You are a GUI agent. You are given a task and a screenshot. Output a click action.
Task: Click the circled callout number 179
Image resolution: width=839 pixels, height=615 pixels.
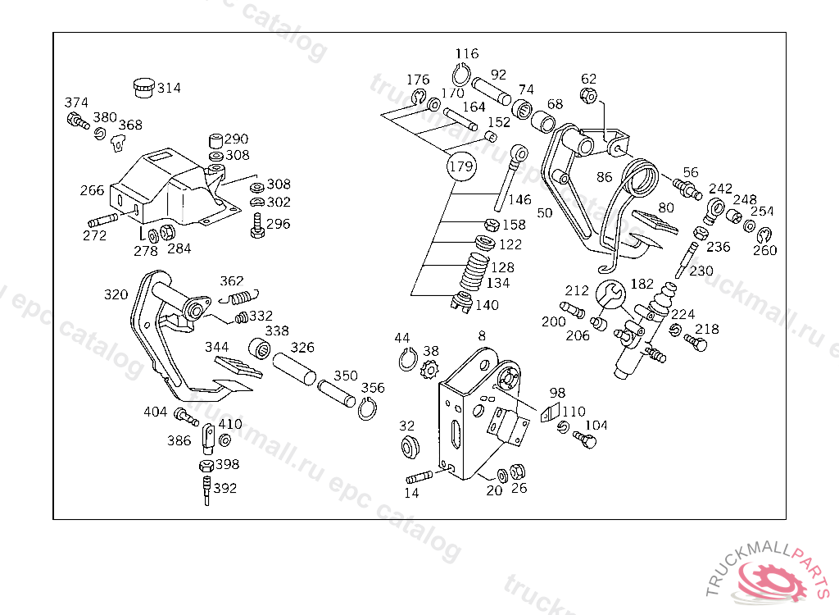pyautogui.click(x=461, y=167)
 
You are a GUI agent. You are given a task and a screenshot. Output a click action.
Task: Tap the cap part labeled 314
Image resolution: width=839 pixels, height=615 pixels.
pyautogui.click(x=143, y=86)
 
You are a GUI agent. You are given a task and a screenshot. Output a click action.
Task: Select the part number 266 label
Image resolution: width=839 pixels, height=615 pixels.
pyautogui.click(x=92, y=190)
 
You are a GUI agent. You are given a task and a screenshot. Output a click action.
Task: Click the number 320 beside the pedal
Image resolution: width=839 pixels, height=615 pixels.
pyautogui.click(x=116, y=294)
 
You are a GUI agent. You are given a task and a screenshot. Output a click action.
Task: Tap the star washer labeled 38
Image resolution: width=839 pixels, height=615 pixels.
pyautogui.click(x=428, y=370)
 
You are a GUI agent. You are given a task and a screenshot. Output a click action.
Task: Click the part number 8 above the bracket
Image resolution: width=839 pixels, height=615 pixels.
pyautogui.click(x=481, y=335)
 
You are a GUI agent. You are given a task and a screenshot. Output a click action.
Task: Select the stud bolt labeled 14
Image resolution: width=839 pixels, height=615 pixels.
pyautogui.click(x=419, y=477)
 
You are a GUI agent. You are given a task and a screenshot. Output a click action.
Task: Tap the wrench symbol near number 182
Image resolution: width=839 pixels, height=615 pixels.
pyautogui.click(x=610, y=294)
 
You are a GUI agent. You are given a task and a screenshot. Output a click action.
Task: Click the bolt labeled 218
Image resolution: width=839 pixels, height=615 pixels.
pyautogui.click(x=695, y=344)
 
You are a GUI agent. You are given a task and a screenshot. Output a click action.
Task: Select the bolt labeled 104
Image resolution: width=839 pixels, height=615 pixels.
pyautogui.click(x=585, y=440)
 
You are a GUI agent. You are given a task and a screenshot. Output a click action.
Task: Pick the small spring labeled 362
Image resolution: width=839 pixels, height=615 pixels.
pyautogui.click(x=240, y=298)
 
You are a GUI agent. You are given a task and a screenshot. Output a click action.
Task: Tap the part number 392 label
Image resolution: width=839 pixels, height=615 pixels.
pyautogui.click(x=224, y=489)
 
